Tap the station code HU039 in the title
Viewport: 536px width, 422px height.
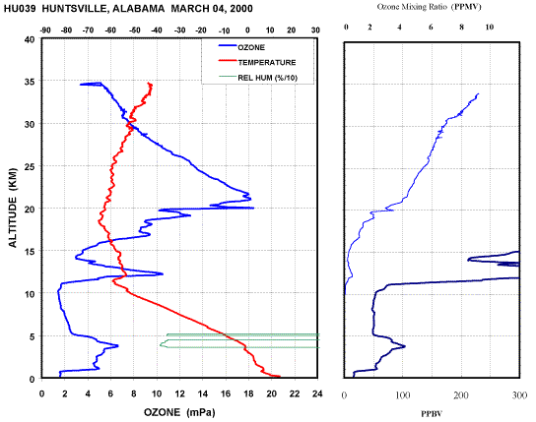[20, 8]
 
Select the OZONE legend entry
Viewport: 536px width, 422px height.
[241, 47]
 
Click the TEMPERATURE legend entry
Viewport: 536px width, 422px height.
[257, 62]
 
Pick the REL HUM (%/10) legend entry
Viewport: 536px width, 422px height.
[258, 78]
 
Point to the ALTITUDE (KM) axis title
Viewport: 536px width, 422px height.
[13, 208]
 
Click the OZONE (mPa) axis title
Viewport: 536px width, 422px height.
[179, 412]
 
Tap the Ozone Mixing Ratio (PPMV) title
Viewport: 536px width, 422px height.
[429, 7]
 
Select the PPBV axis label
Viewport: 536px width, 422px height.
[432, 414]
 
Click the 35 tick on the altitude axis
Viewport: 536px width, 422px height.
[30, 82]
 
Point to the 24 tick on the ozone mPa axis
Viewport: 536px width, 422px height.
[317, 394]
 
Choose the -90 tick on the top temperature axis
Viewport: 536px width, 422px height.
[45, 30]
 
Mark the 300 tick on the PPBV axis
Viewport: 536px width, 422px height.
[520, 395]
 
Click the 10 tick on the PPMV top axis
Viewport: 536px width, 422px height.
[490, 27]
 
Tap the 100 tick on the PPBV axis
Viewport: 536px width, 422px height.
[403, 395]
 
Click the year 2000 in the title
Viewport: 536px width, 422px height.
[241, 8]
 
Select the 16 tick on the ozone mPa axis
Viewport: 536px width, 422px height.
[226, 394]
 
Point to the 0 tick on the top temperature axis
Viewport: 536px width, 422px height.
[247, 30]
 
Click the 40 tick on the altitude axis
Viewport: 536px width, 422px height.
[30, 39]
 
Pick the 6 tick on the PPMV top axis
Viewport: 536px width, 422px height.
[431, 27]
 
